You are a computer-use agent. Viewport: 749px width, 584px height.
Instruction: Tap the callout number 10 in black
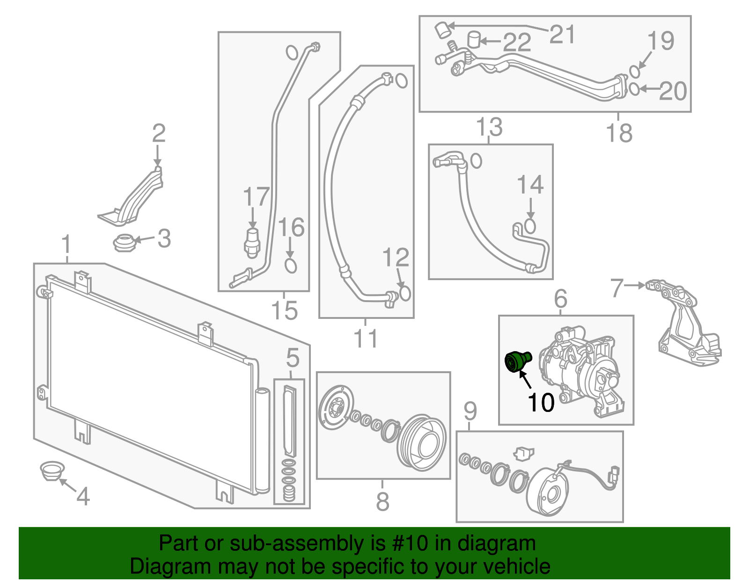pos(541,402)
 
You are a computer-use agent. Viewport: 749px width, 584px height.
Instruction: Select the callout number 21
pos(562,34)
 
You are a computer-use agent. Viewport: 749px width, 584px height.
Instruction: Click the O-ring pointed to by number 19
pos(634,72)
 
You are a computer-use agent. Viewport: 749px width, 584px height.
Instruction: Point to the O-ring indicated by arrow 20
pos(634,89)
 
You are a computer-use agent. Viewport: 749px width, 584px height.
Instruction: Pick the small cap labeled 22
pos(474,40)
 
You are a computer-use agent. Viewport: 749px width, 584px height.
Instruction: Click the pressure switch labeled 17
pos(252,242)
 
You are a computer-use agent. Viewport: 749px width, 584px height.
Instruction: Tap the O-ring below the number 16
pos(291,266)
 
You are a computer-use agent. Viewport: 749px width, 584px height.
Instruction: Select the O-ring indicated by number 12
pos(404,293)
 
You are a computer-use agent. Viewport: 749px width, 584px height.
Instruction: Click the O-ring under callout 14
pos(530,226)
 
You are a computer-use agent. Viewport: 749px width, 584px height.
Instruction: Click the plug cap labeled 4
pos(51,470)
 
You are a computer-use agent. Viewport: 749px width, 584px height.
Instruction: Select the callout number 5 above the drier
pos(293,358)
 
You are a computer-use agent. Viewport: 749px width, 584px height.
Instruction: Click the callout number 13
pos(489,127)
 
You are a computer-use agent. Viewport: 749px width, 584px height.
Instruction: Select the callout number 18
pos(619,133)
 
